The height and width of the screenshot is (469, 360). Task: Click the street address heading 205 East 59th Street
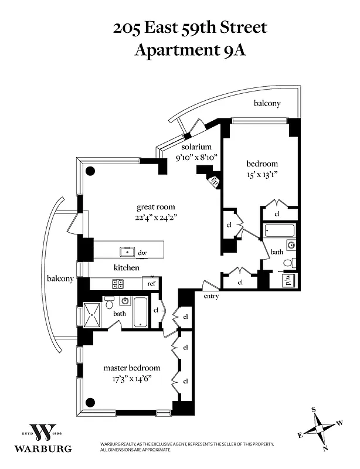coord(191,27)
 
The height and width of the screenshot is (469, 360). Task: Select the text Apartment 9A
coord(191,50)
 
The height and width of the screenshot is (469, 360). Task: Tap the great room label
coord(155,207)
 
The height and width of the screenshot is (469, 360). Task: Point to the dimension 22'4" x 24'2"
coord(155,217)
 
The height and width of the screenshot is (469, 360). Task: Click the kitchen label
coord(127,267)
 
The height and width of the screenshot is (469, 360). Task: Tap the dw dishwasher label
coord(142,253)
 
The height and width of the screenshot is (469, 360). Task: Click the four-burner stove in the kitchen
coord(118,284)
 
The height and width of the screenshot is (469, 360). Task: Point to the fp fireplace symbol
coord(215,181)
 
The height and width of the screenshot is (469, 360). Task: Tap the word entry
coord(211,297)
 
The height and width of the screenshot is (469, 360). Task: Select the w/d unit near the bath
coord(291,280)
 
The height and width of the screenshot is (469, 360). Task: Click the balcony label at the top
coord(267,103)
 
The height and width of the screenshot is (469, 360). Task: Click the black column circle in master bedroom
coord(90,402)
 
